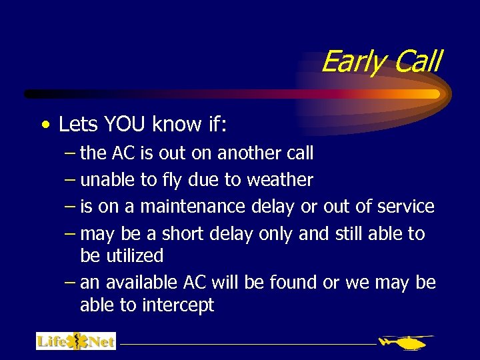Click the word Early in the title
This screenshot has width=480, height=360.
pyautogui.click(x=353, y=62)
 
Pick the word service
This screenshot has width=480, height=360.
pyautogui.click(x=405, y=207)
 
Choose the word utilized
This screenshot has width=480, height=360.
pyautogui.click(x=121, y=255)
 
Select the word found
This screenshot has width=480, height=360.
pyautogui.click(x=294, y=283)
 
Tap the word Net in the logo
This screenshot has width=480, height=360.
pyautogui.click(x=101, y=342)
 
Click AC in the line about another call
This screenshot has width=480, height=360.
pyautogui.click(x=124, y=153)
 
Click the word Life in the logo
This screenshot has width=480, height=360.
pyautogui.click(x=51, y=342)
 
